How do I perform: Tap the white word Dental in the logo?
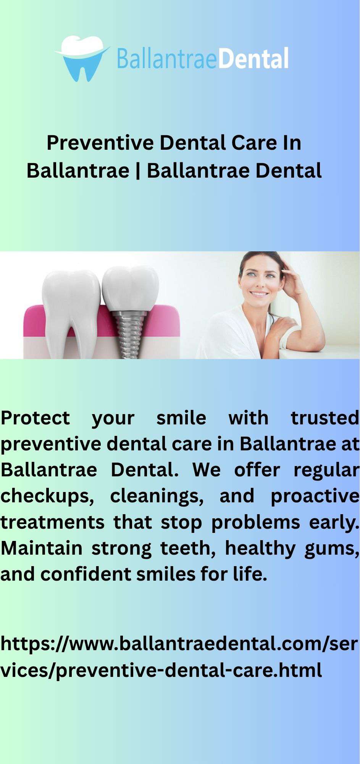click(x=253, y=59)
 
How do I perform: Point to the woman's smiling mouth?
click(x=260, y=294)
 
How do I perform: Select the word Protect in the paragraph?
click(x=35, y=418)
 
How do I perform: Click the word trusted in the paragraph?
click(x=325, y=418)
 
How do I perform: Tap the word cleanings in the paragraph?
click(x=157, y=496)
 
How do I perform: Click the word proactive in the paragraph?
click(x=315, y=496)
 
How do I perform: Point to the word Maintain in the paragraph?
click(x=42, y=548)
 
